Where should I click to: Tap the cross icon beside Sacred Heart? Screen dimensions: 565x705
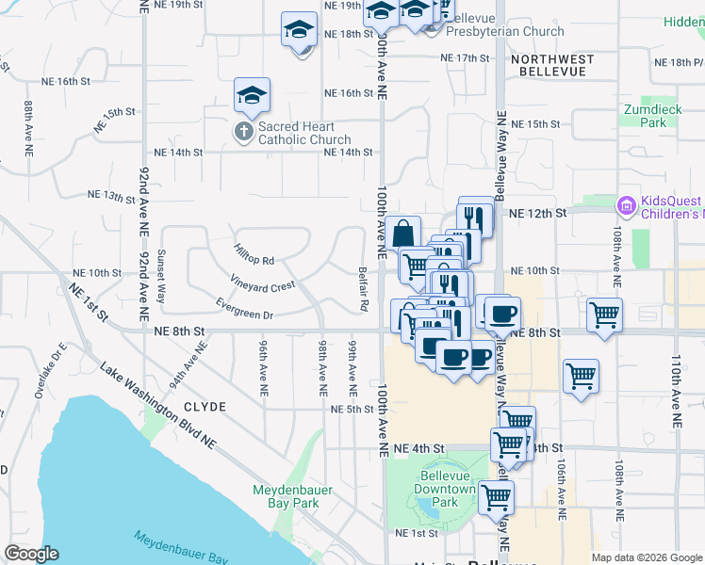tap(243, 132)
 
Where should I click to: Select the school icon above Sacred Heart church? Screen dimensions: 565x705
tap(253, 95)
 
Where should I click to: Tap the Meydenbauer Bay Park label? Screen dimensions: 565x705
tap(286, 496)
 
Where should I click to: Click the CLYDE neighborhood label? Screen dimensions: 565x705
tap(205, 407)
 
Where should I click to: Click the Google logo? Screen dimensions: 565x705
tap(31, 554)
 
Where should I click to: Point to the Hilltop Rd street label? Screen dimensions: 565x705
tap(254, 252)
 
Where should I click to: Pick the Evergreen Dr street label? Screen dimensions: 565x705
tap(243, 309)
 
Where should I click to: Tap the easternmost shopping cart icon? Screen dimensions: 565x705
tap(604, 315)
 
